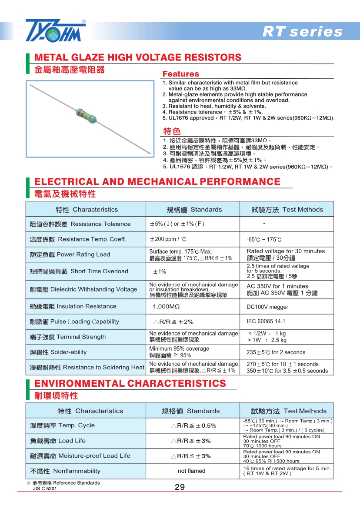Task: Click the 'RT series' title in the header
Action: pos(302,32)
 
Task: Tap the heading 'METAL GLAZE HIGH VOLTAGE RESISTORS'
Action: pos(137,57)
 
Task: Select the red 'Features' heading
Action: pos(180,74)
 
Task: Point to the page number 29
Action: pos(180,487)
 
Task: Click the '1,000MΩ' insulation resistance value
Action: pos(166,307)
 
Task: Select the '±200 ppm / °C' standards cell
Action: pos(168,239)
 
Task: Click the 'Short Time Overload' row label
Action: pos(79,271)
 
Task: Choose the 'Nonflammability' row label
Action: pos(65,471)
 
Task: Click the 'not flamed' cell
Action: pos(192,471)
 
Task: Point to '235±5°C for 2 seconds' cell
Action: pos(276,352)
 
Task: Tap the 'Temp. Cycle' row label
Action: pos(62,425)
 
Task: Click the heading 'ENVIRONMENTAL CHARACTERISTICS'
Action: pos(130,383)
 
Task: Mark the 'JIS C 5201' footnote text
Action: pos(45,489)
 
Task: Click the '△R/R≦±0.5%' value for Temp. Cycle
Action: pos(193,425)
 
